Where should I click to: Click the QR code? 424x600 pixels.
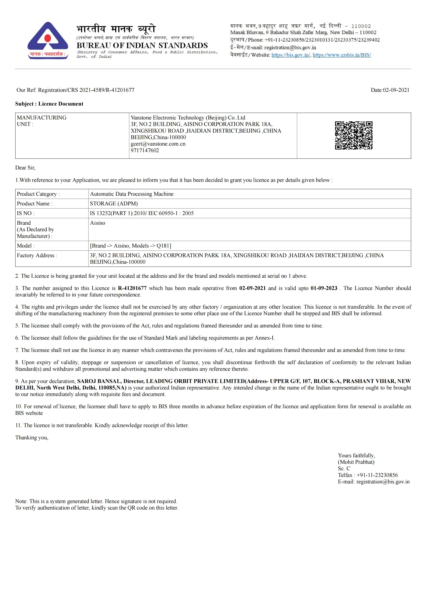point(354,135)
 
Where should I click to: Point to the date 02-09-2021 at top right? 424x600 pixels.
point(396,90)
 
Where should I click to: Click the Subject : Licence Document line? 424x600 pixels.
point(49,104)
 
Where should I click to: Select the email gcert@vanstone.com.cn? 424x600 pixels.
point(158,144)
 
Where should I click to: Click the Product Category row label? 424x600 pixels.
point(38,194)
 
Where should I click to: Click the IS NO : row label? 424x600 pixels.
point(26,213)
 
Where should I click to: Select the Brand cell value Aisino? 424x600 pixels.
point(98,223)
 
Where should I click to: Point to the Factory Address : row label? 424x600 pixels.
point(37,255)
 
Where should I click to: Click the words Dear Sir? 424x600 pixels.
point(25,168)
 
